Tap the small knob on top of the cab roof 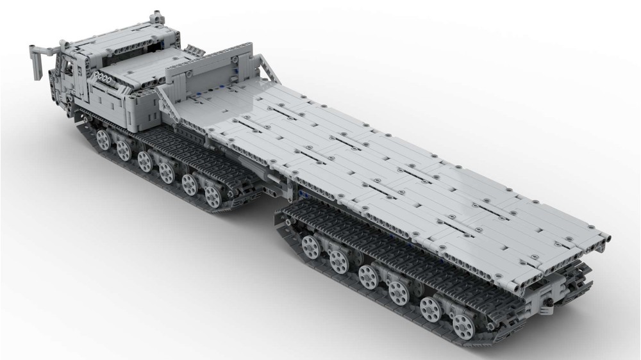pos(153,15)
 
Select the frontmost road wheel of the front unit pos(103,139)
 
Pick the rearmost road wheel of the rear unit pos(463,325)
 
